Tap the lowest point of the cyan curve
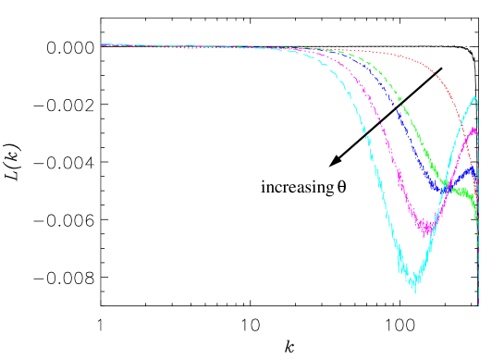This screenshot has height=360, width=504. pyautogui.click(x=414, y=290)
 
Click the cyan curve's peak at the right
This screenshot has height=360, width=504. pyautogui.click(x=475, y=97)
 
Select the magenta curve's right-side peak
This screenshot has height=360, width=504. pyautogui.click(x=474, y=129)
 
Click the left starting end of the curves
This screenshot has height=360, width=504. pyautogui.click(x=102, y=43)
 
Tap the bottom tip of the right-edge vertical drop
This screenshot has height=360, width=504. pyautogui.click(x=478, y=304)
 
